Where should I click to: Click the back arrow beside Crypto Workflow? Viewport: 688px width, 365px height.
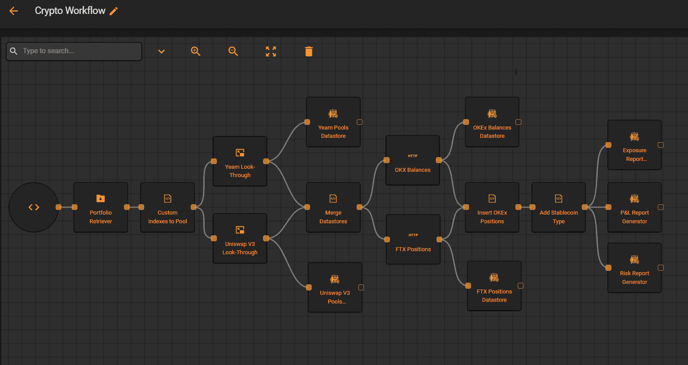pyautogui.click(x=14, y=11)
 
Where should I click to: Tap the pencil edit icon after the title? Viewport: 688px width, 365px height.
pyautogui.click(x=113, y=11)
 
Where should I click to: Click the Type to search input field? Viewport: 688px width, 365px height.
pyautogui.click(x=74, y=51)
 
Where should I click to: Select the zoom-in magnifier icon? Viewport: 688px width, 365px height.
pyautogui.click(x=195, y=51)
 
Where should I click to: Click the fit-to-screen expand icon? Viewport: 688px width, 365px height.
pyautogui.click(x=271, y=51)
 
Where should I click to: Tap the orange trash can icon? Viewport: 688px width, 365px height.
pyautogui.click(x=309, y=51)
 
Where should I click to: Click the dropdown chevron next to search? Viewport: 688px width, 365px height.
pyautogui.click(x=161, y=51)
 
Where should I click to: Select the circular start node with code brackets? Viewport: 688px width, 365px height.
pyautogui.click(x=34, y=207)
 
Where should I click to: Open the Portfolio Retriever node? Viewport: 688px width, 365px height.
pyautogui.click(x=101, y=207)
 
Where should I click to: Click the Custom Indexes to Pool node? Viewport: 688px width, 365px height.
pyautogui.click(x=168, y=207)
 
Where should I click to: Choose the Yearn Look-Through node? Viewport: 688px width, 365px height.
pyautogui.click(x=240, y=161)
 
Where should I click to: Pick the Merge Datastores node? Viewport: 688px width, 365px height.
pyautogui.click(x=333, y=207)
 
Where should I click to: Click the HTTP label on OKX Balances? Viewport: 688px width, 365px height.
pyautogui.click(x=412, y=156)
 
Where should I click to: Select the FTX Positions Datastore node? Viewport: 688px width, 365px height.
pyautogui.click(x=494, y=286)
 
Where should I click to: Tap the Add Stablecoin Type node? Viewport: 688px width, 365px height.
pyautogui.click(x=558, y=207)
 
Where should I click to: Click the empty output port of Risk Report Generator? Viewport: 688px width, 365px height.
pyautogui.click(x=661, y=268)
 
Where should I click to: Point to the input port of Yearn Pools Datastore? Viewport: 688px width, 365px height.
pyautogui.click(x=307, y=122)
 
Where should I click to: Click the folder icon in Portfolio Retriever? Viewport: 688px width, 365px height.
pyautogui.click(x=100, y=198)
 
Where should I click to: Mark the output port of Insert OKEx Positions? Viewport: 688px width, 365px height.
pyautogui.click(x=518, y=207)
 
